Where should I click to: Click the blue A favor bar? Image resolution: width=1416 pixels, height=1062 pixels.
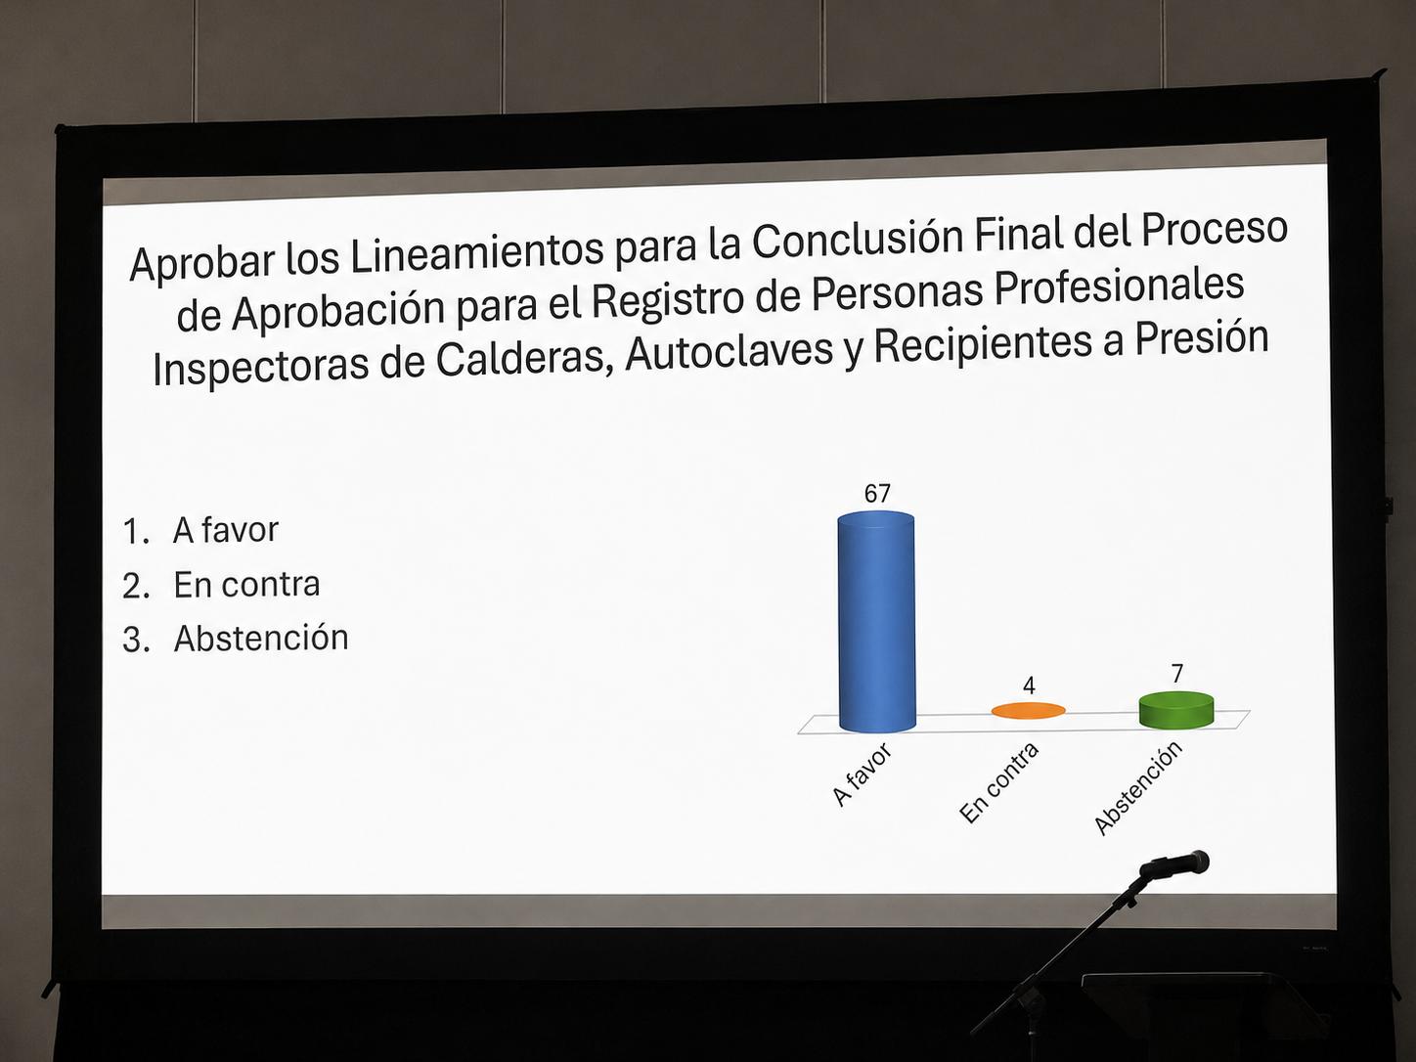877,622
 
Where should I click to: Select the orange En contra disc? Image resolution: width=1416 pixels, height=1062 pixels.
1029,710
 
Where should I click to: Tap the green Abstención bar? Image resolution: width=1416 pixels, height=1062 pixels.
1176,710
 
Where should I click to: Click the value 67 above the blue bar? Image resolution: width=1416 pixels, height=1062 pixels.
877,493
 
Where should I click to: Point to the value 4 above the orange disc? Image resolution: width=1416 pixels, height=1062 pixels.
1029,685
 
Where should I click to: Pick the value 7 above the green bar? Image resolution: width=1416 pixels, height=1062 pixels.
1177,673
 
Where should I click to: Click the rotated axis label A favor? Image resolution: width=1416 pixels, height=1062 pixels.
862,774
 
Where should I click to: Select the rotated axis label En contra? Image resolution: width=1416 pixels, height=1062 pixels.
998,782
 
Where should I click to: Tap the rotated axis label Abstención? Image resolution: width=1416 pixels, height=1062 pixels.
1138,788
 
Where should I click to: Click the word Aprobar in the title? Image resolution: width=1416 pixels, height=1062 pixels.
203,262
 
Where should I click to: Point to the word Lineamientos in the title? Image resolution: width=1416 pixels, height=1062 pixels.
477,250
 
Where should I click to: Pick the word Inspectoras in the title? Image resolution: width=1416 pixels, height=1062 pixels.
261,367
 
